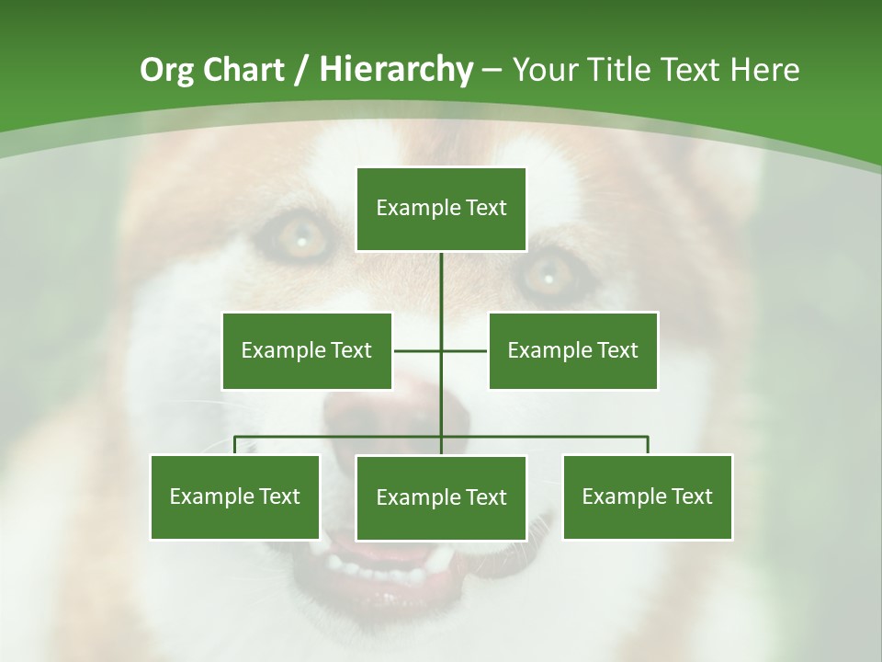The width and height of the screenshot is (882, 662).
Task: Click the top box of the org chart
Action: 441,209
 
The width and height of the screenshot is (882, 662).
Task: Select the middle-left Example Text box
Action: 307,350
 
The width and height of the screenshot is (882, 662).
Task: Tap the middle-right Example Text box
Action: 572,350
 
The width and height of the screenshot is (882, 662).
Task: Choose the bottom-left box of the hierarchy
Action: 235,496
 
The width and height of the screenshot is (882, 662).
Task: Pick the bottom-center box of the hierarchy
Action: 441,497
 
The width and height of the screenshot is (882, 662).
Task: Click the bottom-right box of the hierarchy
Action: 648,496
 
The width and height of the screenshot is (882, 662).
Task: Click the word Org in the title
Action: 166,70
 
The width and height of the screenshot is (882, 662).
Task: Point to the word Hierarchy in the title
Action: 396,70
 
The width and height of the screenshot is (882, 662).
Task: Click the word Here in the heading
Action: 764,70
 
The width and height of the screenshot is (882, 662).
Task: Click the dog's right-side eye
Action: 548,273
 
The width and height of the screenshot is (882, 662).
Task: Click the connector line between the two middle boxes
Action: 419,350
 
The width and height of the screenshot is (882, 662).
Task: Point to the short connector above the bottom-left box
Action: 235,445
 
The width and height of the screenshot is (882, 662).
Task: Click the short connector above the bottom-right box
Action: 648,445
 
